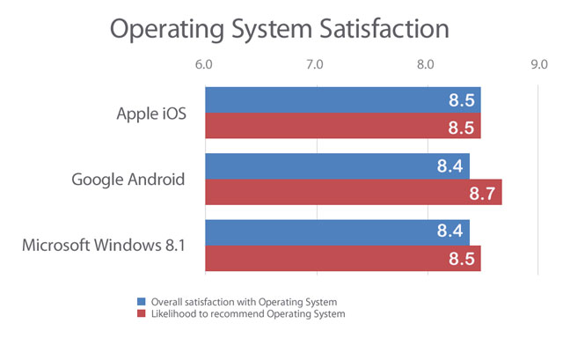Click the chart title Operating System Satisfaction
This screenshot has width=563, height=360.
[x=279, y=28]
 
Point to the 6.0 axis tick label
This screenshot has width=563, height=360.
[x=204, y=66]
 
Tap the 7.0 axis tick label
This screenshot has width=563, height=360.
[x=315, y=66]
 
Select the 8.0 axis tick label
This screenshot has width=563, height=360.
[x=427, y=66]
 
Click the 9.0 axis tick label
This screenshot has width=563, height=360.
[x=537, y=66]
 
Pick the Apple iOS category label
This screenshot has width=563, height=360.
[x=151, y=114]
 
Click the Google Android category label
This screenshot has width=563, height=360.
[x=128, y=180]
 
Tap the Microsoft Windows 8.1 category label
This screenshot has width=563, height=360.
[x=104, y=246]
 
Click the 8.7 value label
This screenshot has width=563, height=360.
[x=483, y=193]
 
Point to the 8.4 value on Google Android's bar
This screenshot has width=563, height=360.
[x=451, y=165]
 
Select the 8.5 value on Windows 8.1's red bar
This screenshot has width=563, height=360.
[x=462, y=259]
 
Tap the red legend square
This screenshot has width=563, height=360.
[x=142, y=313]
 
